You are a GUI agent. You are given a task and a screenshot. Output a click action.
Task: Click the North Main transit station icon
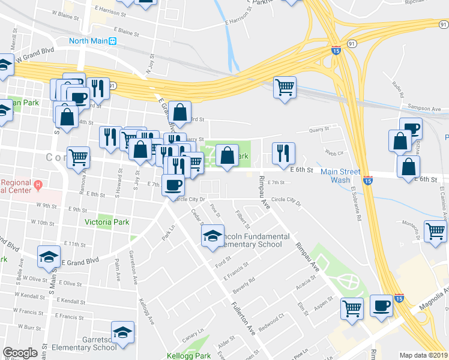[112, 41]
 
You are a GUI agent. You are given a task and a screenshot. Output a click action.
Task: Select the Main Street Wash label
[340, 176]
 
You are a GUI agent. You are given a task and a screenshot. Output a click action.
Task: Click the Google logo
[20, 353]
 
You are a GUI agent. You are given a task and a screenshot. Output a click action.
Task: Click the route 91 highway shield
[352, 43]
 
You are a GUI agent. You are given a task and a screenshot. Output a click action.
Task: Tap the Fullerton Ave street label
[245, 325]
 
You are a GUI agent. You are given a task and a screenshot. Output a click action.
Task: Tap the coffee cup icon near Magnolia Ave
[381, 306]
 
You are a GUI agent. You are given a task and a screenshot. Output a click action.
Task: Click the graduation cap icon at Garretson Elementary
[123, 332]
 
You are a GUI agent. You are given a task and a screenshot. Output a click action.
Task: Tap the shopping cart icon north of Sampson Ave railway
[285, 87]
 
